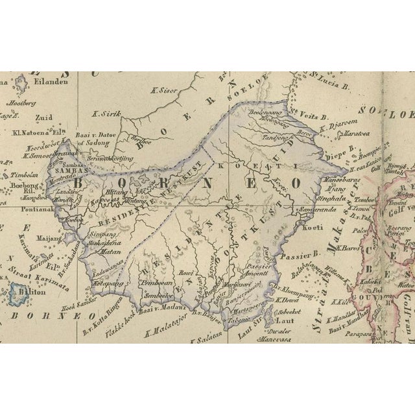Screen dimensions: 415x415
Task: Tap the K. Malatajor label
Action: (x=164, y=332)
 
